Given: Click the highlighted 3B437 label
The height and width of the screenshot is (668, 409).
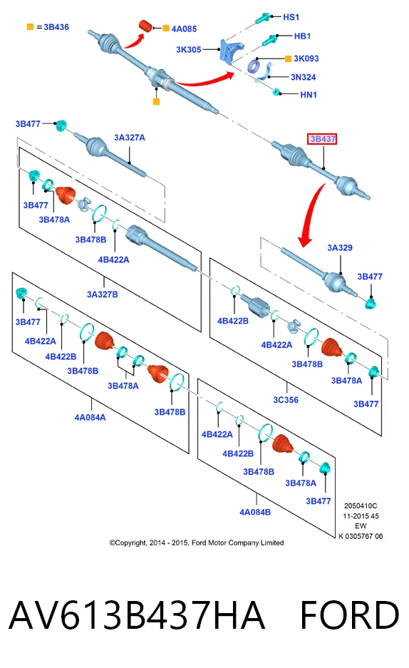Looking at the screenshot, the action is point(322,139).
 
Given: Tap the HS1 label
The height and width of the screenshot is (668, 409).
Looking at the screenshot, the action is point(291,17).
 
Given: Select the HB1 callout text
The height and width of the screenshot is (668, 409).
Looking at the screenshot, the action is point(302,36).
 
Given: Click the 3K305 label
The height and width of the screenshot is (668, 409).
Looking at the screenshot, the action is point(189,49).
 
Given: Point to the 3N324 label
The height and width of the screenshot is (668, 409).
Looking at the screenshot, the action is point(303,77).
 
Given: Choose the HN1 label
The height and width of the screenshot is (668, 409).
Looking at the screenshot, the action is point(309,95).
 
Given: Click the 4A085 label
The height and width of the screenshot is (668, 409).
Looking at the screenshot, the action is point(184,29).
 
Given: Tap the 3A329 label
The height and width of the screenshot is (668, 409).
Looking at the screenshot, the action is point(340,247).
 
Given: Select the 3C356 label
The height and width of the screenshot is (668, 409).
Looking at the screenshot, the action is point(286,400).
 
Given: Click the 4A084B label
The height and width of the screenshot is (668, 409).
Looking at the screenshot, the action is point(255,512).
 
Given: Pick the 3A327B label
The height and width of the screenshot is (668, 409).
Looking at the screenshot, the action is point(102,294).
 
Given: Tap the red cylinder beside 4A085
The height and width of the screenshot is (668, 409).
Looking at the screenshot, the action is point(146,26).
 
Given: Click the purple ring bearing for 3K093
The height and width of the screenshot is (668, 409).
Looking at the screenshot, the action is point(254,66).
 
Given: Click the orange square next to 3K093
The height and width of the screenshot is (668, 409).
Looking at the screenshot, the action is point(288,58).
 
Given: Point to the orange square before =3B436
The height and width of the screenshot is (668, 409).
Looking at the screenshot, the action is point(30,27).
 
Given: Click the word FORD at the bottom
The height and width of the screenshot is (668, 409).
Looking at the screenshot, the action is point(349,615).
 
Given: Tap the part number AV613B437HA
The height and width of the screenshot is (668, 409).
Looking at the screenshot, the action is point(136,615).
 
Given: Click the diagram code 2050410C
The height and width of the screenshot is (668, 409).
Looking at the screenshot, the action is point(361,506).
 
